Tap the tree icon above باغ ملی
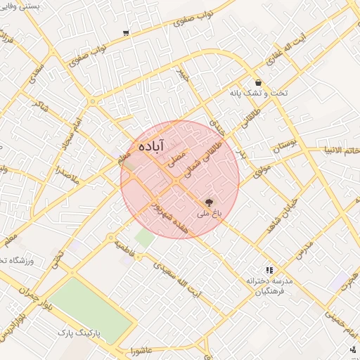[x=209, y=202]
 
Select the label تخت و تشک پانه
[x=258, y=93]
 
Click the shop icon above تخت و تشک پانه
[x=258, y=82]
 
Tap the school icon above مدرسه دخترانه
[x=269, y=270]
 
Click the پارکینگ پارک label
[x=78, y=330]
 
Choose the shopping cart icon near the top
[x=125, y=33]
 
